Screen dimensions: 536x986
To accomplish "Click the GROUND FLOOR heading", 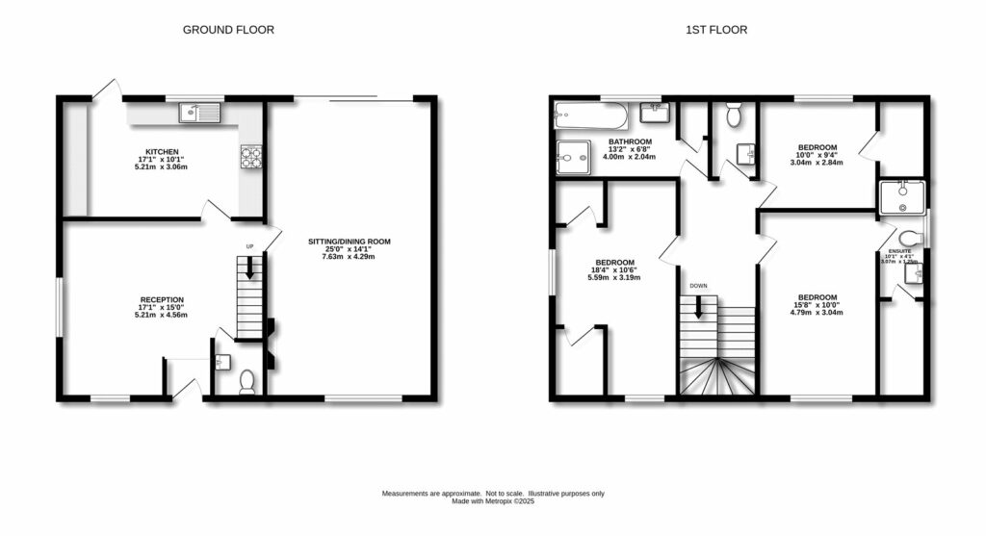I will pos(228,30).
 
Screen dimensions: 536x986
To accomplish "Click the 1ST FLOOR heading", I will pos(715,30).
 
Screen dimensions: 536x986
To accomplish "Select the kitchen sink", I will pos(199,114).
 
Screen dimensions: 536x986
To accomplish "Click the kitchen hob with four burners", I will pos(251,157).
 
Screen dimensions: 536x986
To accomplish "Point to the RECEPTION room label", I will pos(162,299).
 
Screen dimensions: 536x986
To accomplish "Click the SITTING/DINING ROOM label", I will pos(349,242).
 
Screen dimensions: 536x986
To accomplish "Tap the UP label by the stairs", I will pos(250,247).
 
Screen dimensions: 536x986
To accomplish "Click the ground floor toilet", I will pos(246,382).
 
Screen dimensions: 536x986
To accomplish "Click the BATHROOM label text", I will pos(630,141).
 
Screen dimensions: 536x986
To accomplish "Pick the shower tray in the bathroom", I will pos(576,154).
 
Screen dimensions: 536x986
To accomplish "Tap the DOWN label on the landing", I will pos(699,285).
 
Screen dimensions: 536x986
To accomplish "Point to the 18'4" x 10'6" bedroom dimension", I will pos(613,270).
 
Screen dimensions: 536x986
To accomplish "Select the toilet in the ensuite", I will pos(909,238).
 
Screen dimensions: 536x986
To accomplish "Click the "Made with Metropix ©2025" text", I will pos(493,500).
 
